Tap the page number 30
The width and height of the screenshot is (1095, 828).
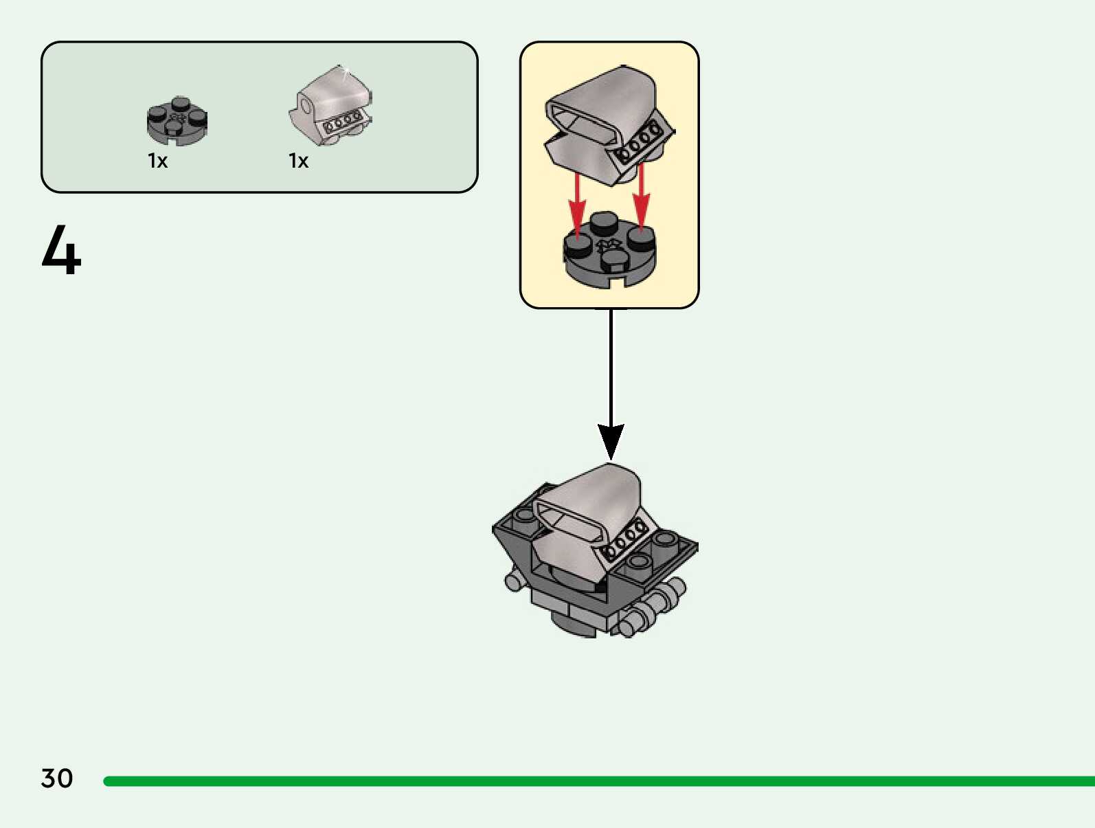click(x=57, y=779)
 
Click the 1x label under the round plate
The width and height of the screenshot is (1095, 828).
click(x=158, y=161)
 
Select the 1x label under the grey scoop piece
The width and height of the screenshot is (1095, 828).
click(x=299, y=161)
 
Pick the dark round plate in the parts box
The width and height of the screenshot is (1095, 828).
click(x=177, y=122)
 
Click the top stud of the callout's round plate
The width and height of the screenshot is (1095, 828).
click(x=604, y=223)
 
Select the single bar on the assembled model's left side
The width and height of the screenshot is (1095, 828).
click(x=515, y=582)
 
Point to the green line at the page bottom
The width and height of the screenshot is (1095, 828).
click(x=598, y=781)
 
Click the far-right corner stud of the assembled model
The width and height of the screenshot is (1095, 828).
click(x=665, y=538)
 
